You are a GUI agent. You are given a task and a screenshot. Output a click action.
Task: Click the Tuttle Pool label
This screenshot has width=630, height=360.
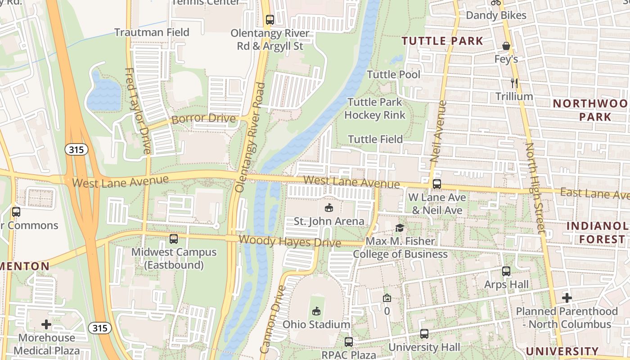coord(394,75)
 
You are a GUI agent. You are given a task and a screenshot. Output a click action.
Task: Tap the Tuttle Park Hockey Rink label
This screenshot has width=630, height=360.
coord(375,109)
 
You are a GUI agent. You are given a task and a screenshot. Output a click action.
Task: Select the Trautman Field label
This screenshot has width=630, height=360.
coord(152,32)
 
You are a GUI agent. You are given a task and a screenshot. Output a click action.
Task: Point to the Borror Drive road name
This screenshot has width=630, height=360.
coord(204,119)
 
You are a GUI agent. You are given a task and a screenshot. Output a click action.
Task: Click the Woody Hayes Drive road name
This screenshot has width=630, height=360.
coord(290,241)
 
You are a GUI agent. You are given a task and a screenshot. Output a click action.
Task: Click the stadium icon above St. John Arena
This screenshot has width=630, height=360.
coord(329,208)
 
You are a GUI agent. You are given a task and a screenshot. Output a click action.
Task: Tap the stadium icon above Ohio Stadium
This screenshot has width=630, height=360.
coord(316,311)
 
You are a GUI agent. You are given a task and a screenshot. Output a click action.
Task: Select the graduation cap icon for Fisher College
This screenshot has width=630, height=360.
coord(400,228)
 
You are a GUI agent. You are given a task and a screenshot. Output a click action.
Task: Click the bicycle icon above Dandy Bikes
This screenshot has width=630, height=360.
coord(496,2)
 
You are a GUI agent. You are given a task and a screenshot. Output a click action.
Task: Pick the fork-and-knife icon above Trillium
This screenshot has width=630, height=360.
coord(514,83)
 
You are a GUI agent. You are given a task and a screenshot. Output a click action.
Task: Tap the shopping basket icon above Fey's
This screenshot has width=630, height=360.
coord(506,46)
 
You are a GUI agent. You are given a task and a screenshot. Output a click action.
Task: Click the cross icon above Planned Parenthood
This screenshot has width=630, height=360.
coord(567,298)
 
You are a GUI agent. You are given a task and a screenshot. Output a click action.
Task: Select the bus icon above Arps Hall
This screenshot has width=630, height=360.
coord(506,271)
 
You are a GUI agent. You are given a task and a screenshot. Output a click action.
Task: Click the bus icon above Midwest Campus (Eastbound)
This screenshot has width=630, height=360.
coord(174,239)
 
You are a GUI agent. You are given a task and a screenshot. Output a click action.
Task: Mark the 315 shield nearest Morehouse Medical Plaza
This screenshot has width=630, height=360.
coord(99,328)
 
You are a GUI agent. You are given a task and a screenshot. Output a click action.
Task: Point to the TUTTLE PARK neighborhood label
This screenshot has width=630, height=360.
coord(442,41)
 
